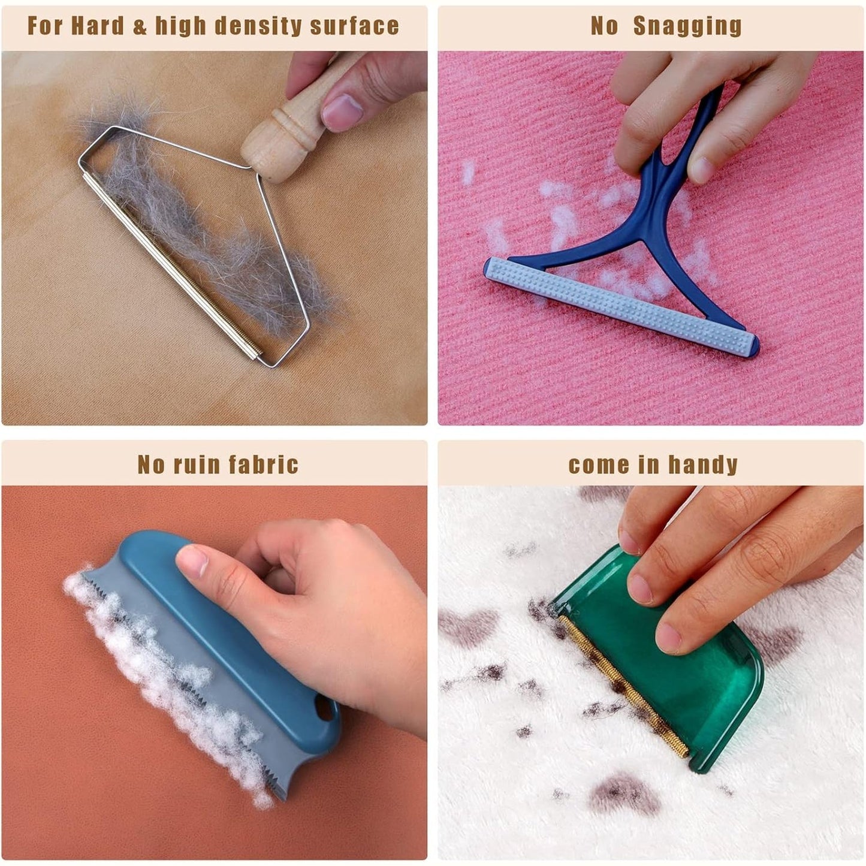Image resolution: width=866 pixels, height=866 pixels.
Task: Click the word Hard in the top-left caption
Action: [98, 26]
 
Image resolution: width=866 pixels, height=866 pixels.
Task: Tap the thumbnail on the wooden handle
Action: [342, 113]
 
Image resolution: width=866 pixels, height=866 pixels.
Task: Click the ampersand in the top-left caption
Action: [140, 26]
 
